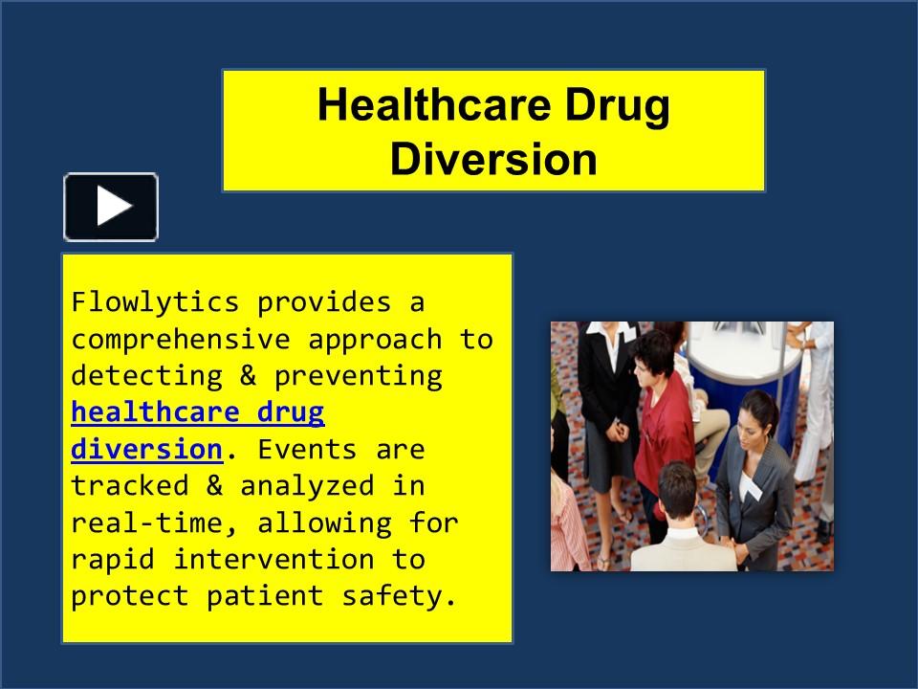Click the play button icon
[x=111, y=207]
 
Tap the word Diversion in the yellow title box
[x=493, y=159]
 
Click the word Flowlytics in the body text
[x=155, y=302]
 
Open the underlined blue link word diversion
[x=146, y=449]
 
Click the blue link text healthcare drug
[x=198, y=412]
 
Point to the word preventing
[x=358, y=376]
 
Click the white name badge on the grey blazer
[x=751, y=491]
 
